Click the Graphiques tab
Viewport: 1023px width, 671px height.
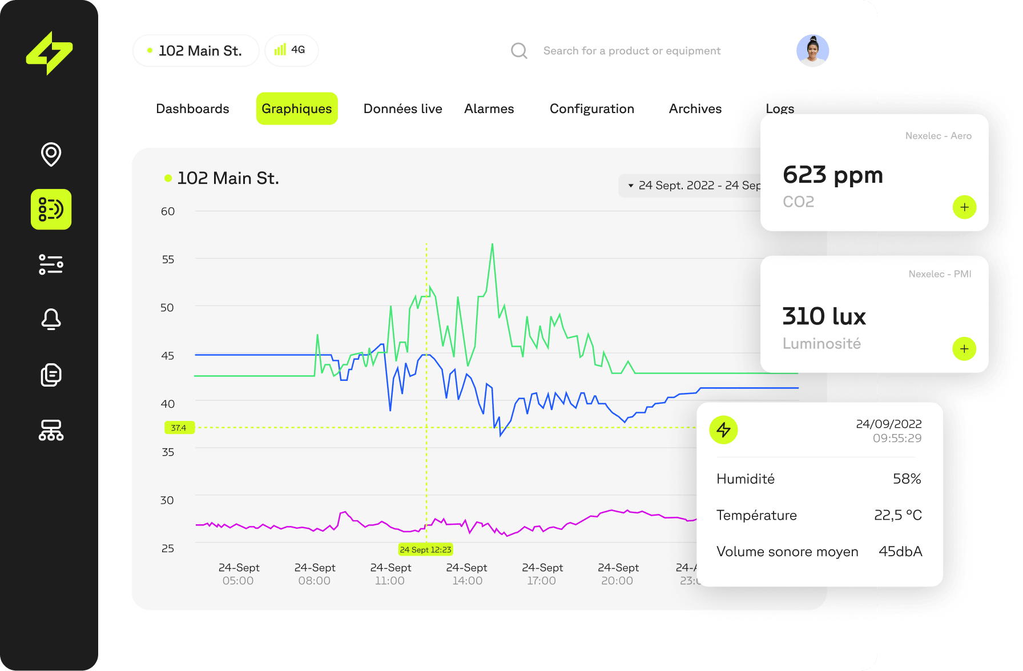(297, 109)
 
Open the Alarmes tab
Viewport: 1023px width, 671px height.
(489, 109)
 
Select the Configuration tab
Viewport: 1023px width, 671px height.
(591, 109)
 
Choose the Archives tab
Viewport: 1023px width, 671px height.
(695, 109)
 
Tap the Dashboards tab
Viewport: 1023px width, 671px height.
(192, 109)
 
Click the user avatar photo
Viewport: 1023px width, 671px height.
(812, 50)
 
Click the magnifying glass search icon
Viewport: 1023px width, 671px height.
(519, 51)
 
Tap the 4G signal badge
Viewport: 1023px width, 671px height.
(291, 50)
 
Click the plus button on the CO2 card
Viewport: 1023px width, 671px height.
(964, 207)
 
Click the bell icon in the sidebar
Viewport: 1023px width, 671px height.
(51, 319)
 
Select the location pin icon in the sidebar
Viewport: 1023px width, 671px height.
(51, 154)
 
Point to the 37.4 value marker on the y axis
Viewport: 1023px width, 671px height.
(179, 428)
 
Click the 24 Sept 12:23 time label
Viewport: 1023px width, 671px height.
(425, 549)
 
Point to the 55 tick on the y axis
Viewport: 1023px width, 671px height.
(168, 259)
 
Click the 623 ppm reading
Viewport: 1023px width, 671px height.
(832, 175)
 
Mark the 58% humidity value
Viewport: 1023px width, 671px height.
(907, 479)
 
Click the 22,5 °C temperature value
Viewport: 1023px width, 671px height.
(897, 515)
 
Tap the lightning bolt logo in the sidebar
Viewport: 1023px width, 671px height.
(50, 53)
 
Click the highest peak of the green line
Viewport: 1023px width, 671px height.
(492, 244)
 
